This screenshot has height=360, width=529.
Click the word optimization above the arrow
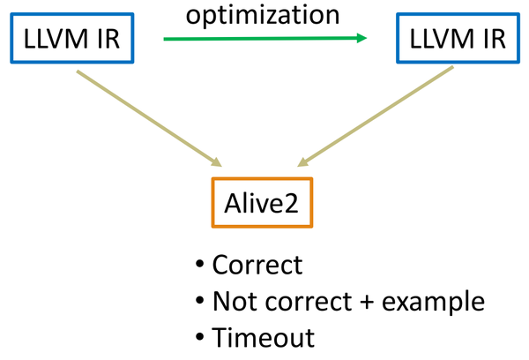(264, 14)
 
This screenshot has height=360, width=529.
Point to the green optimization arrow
(264, 38)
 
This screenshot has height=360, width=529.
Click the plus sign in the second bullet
(366, 302)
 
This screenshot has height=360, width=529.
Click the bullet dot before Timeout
(200, 338)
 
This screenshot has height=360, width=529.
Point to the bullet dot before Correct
(200, 266)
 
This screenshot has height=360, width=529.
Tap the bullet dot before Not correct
(200, 302)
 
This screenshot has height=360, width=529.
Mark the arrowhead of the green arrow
(361, 38)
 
